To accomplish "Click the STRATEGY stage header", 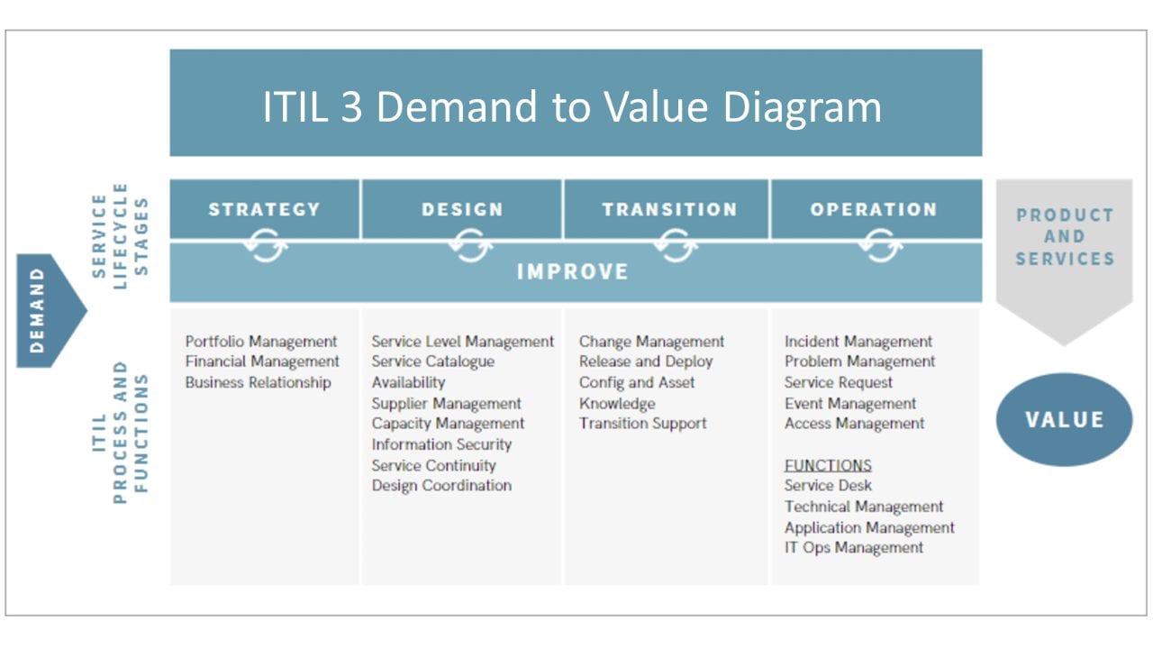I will click(264, 209).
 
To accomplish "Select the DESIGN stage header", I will click(462, 209).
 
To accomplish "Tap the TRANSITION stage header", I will click(669, 209).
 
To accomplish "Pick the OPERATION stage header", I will click(874, 209).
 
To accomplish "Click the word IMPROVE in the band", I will click(573, 271).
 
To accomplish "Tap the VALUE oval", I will click(1064, 419).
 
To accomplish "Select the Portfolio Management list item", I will click(261, 342).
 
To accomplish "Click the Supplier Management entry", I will click(446, 403).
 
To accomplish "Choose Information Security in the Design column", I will click(441, 444).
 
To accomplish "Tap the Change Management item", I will click(651, 342).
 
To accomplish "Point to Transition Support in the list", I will click(643, 424).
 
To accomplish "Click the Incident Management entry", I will click(858, 342).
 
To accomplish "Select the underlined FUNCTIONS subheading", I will click(828, 465).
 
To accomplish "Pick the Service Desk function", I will click(828, 486).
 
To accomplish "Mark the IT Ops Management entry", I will click(854, 547).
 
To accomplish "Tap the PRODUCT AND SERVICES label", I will click(1064, 237).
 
